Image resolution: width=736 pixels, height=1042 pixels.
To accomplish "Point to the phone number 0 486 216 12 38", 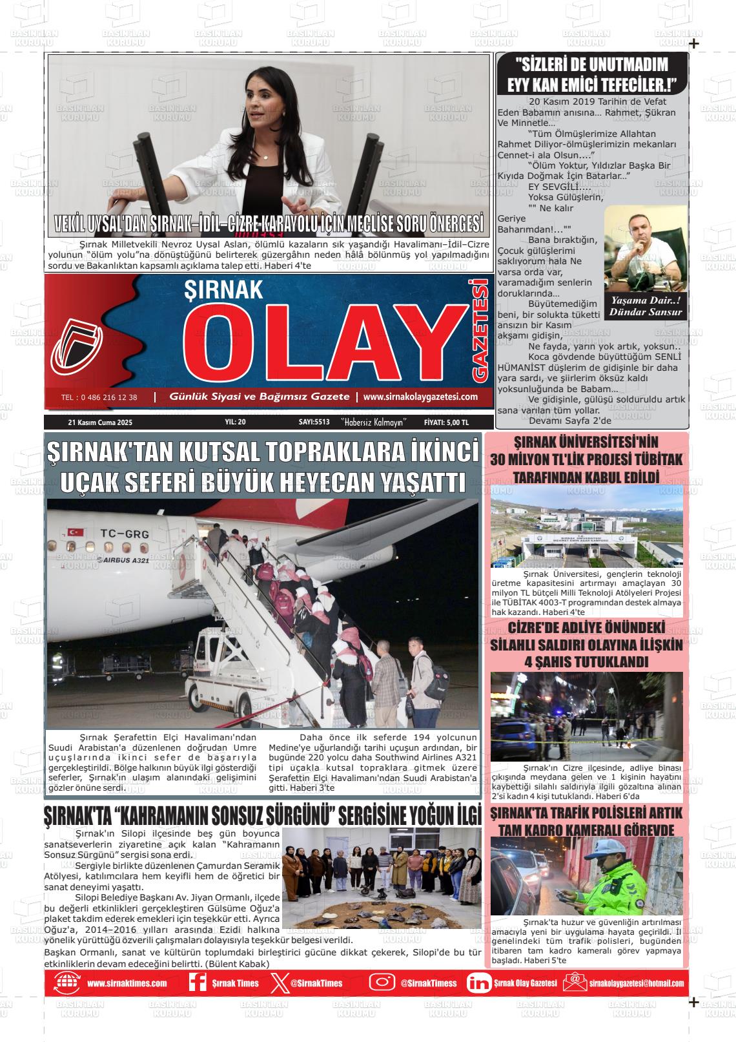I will point(99,397).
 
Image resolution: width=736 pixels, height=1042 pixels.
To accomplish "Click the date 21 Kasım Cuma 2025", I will point(99,422).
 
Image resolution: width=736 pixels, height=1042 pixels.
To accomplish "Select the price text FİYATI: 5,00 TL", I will point(446,422).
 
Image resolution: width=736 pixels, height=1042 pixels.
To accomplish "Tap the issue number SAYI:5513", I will point(314,422).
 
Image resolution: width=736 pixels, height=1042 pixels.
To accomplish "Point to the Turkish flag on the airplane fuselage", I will point(77,532).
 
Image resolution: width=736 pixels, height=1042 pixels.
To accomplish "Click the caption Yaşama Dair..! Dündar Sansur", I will point(646,306).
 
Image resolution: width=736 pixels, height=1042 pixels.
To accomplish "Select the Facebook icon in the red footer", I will point(197,983).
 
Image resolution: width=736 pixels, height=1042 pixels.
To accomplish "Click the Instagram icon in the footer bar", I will point(382,983).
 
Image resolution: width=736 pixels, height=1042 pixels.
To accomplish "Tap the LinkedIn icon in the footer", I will point(478,983).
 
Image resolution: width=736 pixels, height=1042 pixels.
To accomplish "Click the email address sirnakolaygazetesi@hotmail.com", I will point(636,983).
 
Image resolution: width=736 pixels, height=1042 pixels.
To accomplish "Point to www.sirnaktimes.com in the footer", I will point(127,983).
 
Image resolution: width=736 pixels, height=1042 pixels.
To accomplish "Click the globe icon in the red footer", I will point(66,983).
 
